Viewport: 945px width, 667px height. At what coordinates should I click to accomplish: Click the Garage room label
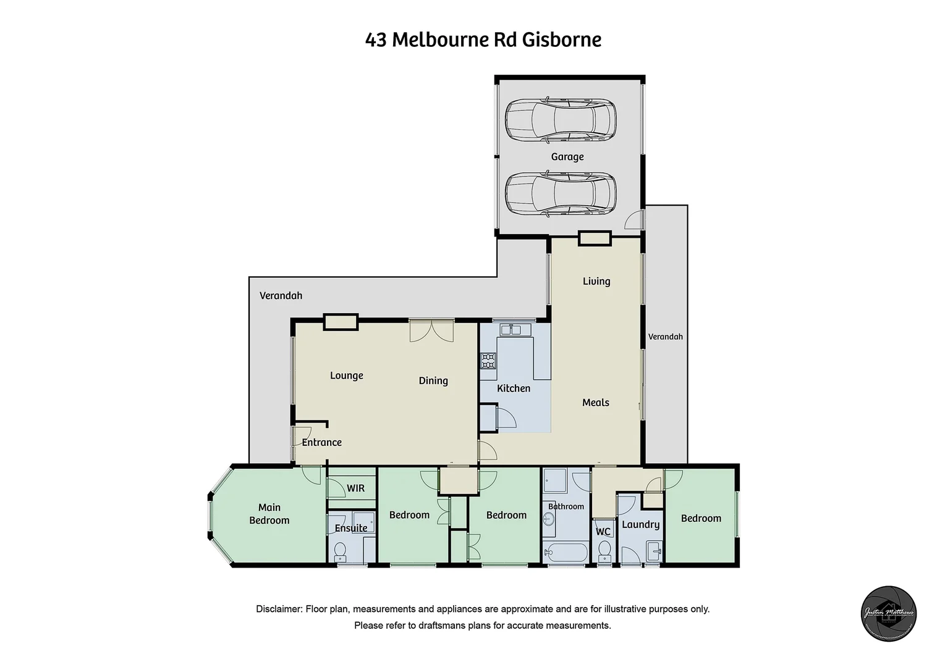[567, 157]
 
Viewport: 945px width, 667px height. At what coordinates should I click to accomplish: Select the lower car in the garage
[561, 193]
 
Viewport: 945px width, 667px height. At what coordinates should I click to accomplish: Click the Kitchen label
[514, 388]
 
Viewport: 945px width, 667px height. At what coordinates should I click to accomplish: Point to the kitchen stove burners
[488, 360]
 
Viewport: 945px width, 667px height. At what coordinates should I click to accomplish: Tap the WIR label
[355, 489]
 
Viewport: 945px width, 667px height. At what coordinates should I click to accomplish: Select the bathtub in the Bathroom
[566, 553]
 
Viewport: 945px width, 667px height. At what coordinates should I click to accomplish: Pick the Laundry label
[640, 525]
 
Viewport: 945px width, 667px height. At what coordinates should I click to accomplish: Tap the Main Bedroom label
[269, 514]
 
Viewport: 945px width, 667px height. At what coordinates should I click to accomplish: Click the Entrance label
[321, 442]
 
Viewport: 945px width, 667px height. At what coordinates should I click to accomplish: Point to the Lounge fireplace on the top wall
[341, 322]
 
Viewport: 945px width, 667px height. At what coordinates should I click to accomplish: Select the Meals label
[596, 403]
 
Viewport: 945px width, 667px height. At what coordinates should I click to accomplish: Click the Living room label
[596, 282]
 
